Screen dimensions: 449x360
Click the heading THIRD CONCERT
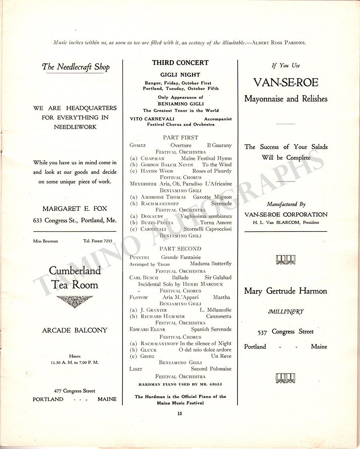[x=180, y=63]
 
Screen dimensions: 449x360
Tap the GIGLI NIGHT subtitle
[x=180, y=75]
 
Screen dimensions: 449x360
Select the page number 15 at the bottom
[x=180, y=413]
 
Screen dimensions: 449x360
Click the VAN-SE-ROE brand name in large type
[x=286, y=83]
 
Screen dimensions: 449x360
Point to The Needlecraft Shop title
[x=76, y=67]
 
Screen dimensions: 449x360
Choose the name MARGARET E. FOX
[x=75, y=209]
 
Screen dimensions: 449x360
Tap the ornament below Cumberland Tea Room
[x=75, y=300]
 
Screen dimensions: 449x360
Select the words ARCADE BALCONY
[x=75, y=330]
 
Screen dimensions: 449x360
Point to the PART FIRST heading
[x=180, y=138]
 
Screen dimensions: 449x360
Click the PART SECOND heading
[x=180, y=249]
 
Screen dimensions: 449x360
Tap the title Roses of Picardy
[x=212, y=171]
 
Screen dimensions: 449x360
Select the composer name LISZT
[x=136, y=369]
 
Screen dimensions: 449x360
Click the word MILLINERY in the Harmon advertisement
[x=286, y=312]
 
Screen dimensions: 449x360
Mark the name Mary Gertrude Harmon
[x=286, y=291]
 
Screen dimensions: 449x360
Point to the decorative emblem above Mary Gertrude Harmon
[x=286, y=259]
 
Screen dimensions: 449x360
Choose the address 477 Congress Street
[x=75, y=391]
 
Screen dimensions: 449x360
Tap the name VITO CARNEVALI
[x=146, y=119]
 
